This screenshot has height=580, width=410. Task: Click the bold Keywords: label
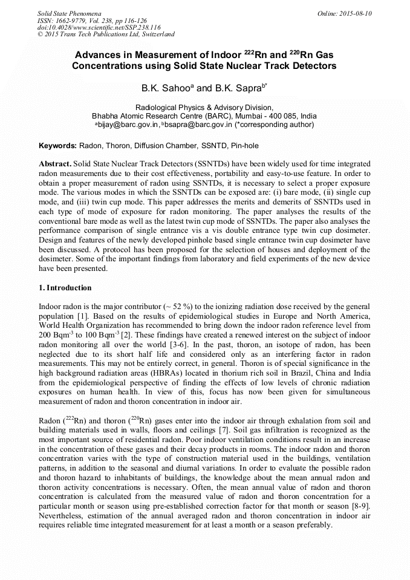point(57,146)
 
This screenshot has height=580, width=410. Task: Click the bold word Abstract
point(55,164)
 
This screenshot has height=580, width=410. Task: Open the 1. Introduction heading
point(65,287)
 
